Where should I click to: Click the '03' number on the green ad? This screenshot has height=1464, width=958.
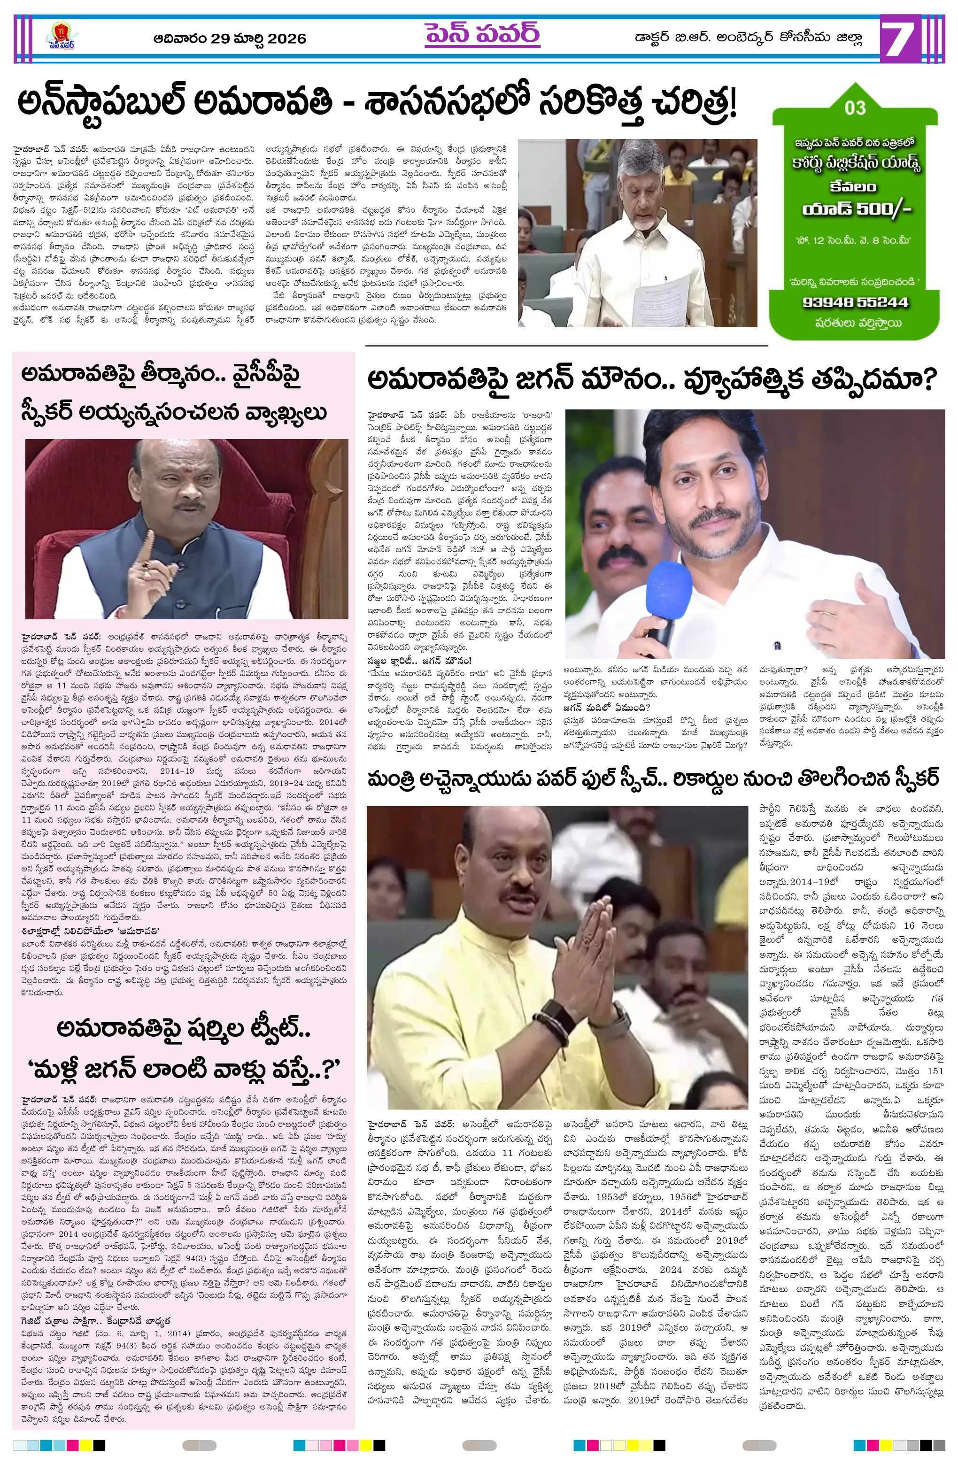[855, 108]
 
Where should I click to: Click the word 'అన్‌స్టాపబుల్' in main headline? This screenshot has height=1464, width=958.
[101, 103]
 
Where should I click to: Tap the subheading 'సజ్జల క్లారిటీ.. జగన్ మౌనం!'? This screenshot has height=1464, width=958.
[420, 661]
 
